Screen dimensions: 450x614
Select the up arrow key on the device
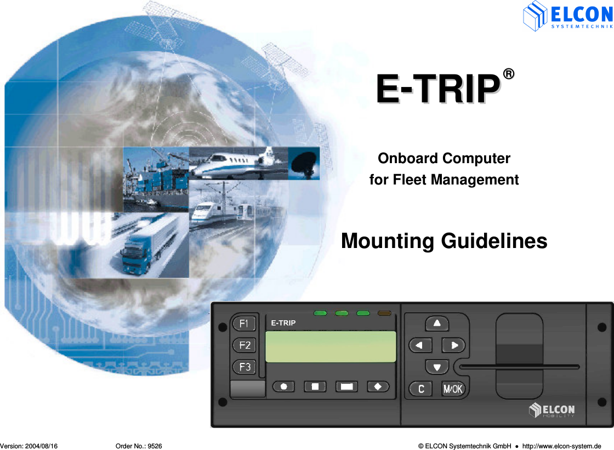point(437,323)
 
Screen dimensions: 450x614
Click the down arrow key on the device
point(437,367)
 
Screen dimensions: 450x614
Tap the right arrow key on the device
point(453,345)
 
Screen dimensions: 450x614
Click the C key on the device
point(420,389)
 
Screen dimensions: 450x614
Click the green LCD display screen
point(331,347)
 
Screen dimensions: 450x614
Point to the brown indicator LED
point(384,313)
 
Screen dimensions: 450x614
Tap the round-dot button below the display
point(283,386)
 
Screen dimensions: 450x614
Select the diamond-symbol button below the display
point(378,386)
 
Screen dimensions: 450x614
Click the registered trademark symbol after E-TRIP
point(509,74)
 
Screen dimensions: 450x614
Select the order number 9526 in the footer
point(155,446)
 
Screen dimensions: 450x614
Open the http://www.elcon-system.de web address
point(561,446)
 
